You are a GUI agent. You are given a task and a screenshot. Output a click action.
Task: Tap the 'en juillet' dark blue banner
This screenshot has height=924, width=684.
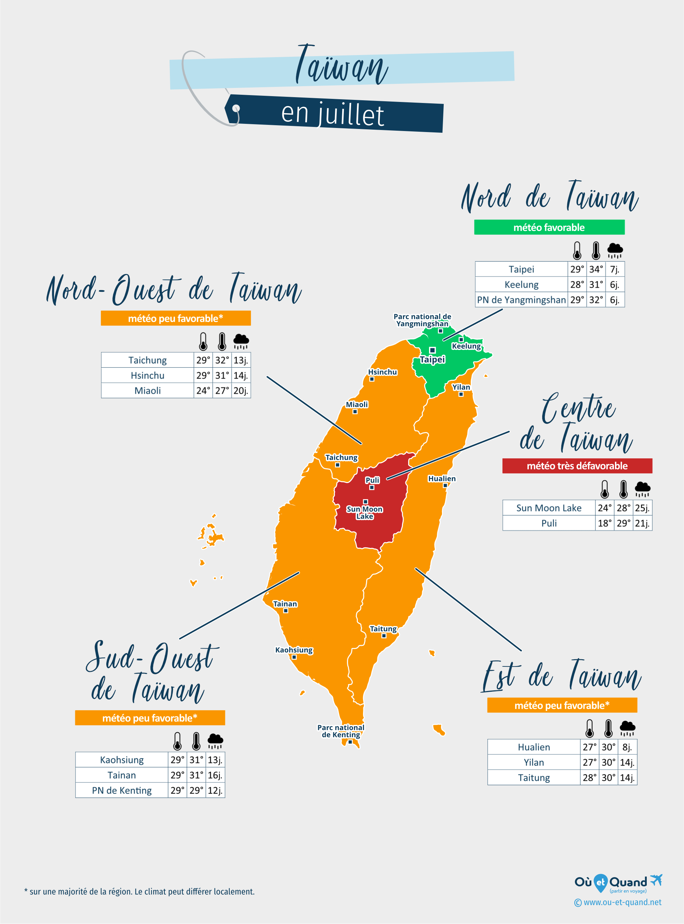tap(333, 114)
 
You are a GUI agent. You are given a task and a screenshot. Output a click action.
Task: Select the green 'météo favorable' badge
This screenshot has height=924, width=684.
tap(549, 227)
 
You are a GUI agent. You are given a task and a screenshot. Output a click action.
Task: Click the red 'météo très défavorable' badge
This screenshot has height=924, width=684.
tap(577, 466)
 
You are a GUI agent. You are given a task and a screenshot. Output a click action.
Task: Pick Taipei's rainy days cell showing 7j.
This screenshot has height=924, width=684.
tap(615, 269)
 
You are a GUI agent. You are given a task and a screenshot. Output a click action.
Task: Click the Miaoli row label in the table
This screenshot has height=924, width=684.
tap(147, 391)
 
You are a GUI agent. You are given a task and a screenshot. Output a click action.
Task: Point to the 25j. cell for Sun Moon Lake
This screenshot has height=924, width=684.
tap(642, 508)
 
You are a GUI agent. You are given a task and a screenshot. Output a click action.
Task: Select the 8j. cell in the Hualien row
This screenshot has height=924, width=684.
tap(627, 747)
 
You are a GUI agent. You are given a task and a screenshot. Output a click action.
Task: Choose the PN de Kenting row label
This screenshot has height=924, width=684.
tap(122, 791)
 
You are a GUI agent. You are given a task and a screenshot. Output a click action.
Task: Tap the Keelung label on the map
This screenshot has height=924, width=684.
tap(466, 346)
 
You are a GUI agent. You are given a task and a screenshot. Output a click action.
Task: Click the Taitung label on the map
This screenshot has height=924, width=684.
tap(383, 628)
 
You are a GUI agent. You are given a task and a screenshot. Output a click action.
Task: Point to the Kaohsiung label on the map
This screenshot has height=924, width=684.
tap(294, 650)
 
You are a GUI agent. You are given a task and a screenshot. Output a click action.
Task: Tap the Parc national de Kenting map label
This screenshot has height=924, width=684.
tap(341, 731)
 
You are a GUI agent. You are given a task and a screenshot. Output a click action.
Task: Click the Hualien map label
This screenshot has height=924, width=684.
tap(442, 479)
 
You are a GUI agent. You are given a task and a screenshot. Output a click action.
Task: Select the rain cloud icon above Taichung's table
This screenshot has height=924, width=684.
tap(241, 341)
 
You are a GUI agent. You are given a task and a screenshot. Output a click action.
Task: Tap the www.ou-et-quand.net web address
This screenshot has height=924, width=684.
tap(622, 902)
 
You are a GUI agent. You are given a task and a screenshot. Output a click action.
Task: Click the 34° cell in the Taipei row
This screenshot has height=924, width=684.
tap(596, 269)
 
